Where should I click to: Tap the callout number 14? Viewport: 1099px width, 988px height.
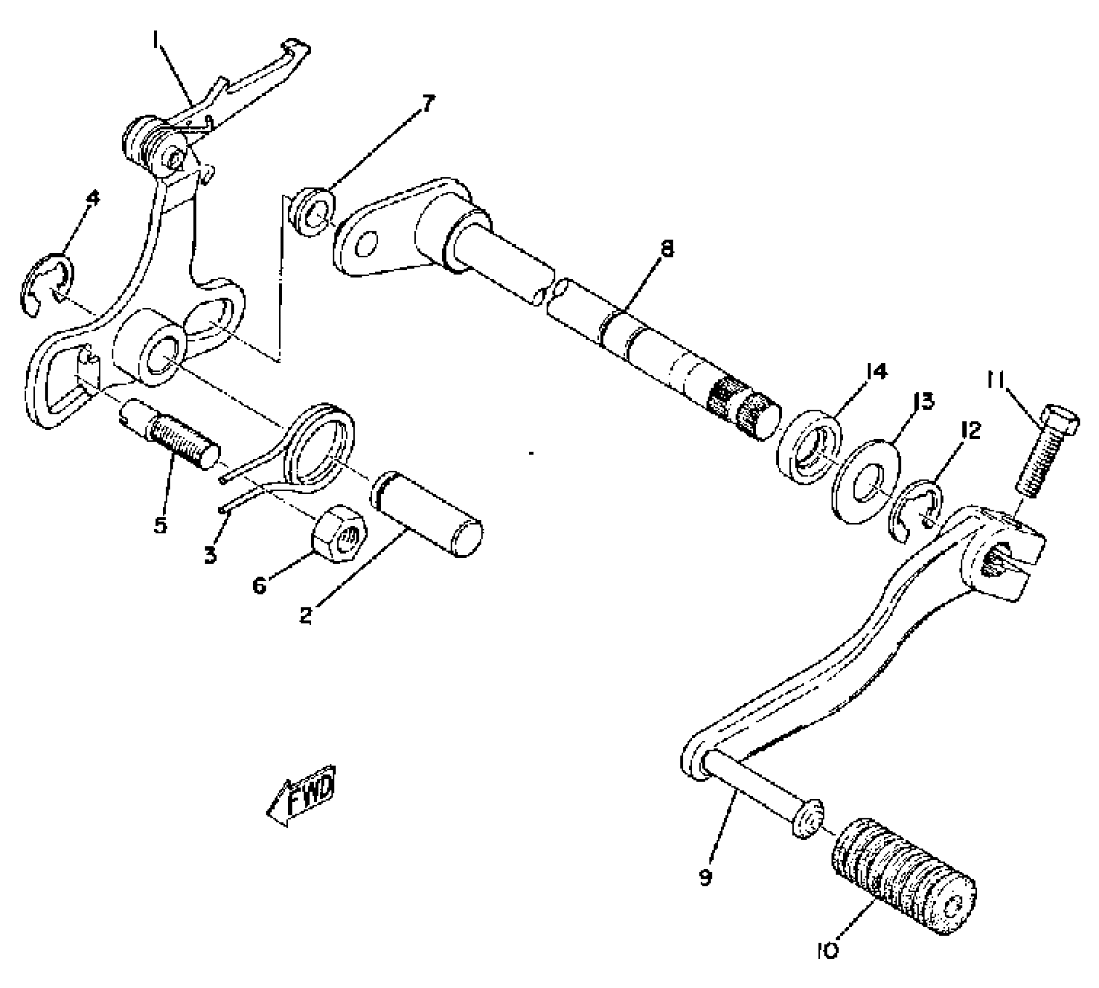pos(876,372)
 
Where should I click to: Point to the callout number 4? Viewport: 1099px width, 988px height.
pos(92,199)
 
